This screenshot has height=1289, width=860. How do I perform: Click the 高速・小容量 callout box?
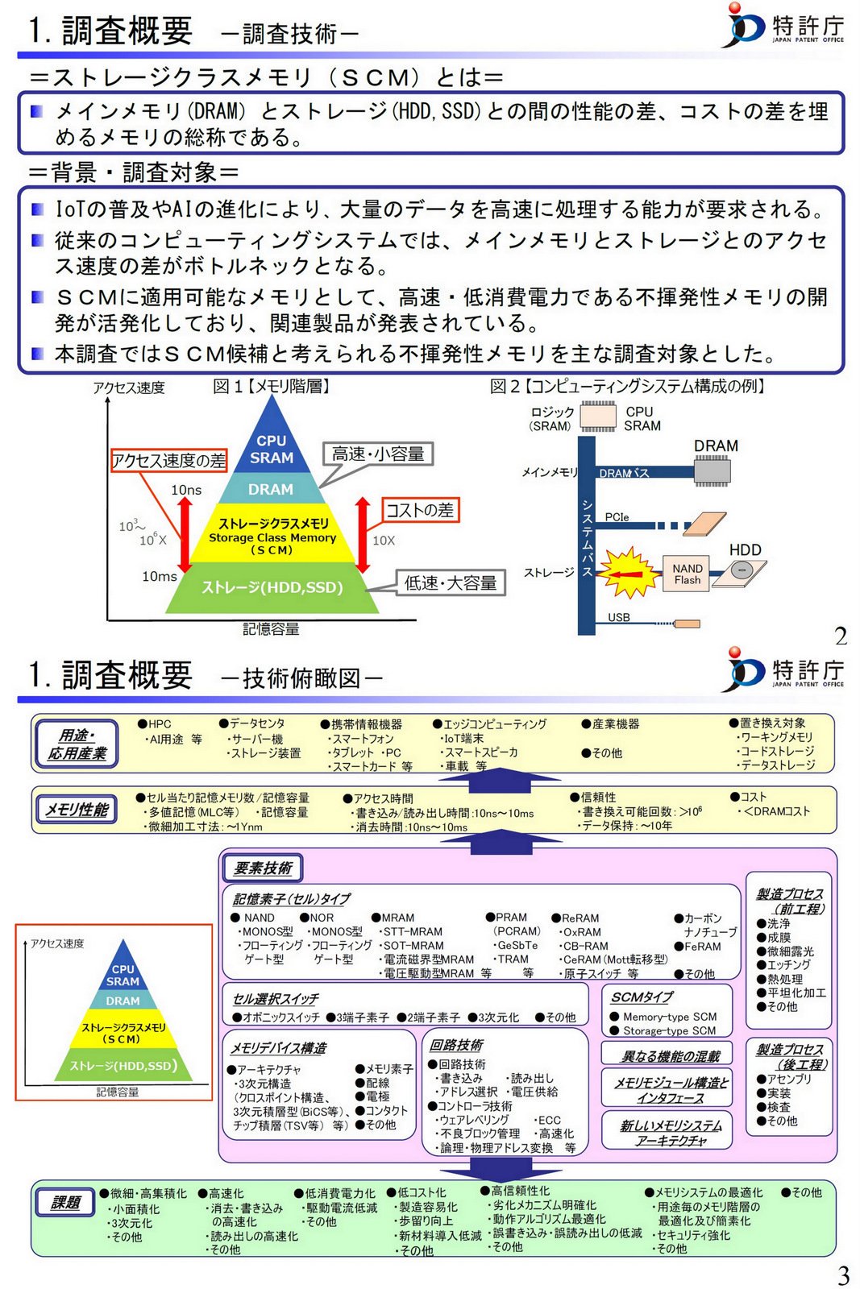click(x=378, y=454)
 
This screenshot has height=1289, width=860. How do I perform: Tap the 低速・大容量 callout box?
click(x=451, y=582)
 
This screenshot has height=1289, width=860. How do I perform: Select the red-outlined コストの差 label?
click(x=420, y=510)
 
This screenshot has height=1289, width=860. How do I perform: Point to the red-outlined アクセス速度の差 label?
click(x=169, y=460)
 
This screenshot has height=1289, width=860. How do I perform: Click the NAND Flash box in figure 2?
click(x=687, y=574)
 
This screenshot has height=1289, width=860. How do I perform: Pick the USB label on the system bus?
click(x=619, y=617)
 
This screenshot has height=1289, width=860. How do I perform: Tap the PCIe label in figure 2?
click(x=617, y=517)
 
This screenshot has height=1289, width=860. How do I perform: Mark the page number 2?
click(x=841, y=636)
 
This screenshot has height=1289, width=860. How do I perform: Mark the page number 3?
click(x=843, y=1275)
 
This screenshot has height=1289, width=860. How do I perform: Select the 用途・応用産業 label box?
click(x=77, y=744)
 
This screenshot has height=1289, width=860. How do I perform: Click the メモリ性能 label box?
click(x=77, y=810)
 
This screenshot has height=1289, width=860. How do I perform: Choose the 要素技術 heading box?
click(x=263, y=868)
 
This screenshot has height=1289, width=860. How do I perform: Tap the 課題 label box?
click(x=66, y=1203)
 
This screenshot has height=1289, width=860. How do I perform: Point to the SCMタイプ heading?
click(x=642, y=997)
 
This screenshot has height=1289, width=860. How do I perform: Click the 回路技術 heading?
click(x=456, y=1045)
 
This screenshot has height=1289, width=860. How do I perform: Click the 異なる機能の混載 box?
click(x=671, y=1055)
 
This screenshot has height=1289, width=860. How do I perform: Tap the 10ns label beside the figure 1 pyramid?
click(x=186, y=490)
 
